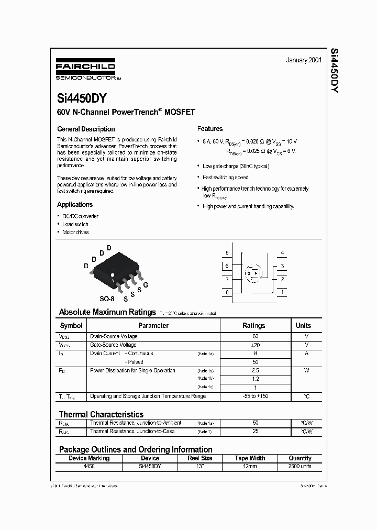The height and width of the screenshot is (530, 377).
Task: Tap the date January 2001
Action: [x=304, y=60]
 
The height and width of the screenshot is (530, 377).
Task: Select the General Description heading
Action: [x=86, y=129]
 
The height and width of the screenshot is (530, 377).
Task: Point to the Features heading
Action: [x=210, y=129]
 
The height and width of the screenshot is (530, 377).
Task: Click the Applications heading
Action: [x=75, y=205]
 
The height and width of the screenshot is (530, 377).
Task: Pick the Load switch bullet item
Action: [x=75, y=224]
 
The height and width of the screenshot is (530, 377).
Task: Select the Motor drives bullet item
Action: [x=75, y=233]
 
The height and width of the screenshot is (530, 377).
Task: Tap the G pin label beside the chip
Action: [x=146, y=285]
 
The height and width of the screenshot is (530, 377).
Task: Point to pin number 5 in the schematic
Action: [x=227, y=253]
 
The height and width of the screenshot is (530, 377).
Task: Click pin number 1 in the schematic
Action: [x=283, y=292]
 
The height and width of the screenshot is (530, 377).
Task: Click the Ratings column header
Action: [x=254, y=326]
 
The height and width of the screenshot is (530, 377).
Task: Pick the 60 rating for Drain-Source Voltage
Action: [x=255, y=336]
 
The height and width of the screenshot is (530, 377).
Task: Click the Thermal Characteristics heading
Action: [x=101, y=414]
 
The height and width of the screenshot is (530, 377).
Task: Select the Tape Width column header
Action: [x=250, y=458]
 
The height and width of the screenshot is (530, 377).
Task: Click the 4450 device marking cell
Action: [x=89, y=466]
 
